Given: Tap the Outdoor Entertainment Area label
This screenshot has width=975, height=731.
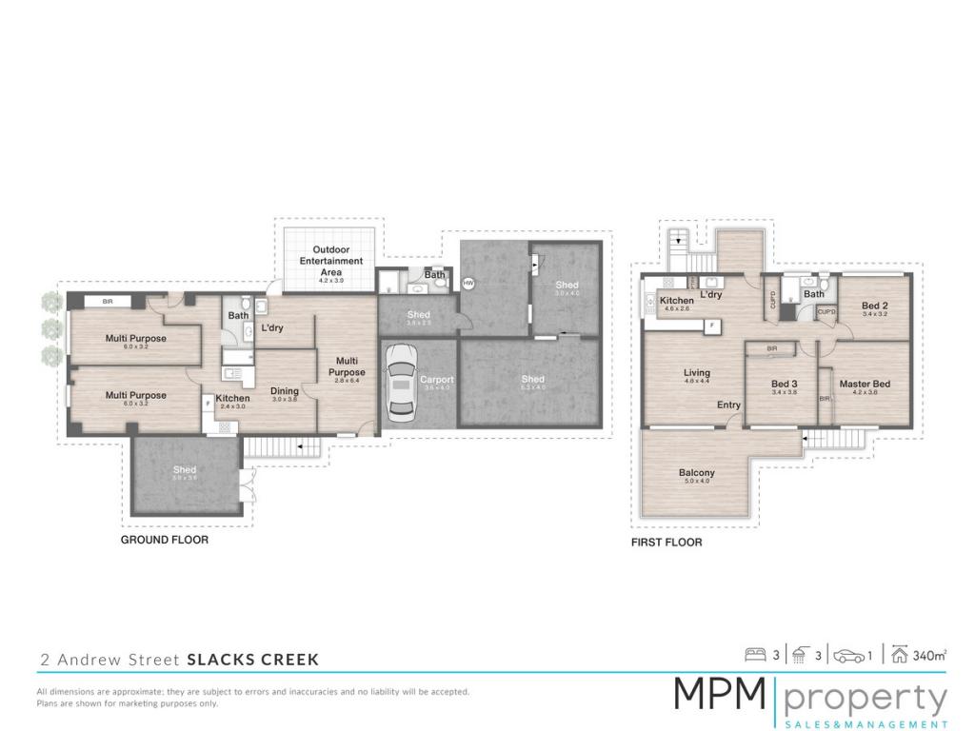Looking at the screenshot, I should point(331,261).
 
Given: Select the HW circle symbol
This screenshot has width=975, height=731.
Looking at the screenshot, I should point(468,283).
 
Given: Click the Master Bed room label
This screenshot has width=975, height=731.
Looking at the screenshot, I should point(865,384).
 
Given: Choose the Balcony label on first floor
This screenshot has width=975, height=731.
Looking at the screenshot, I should point(696,473).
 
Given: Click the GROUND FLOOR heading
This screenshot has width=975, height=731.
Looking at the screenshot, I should point(164,540).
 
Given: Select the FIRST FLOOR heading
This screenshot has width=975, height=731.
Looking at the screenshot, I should point(667,543).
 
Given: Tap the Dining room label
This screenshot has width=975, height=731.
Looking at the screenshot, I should point(285,391).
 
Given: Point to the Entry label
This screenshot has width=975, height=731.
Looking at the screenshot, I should point(728,405).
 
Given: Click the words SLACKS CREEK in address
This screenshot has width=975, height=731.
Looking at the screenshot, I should point(252,659).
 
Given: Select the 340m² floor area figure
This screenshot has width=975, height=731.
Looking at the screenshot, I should point(930,655).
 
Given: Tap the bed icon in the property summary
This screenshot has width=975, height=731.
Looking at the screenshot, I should point(755,655).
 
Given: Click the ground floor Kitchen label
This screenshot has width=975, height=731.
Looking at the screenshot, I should point(232,398).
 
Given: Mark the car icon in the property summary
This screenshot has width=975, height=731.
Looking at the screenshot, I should point(849,655).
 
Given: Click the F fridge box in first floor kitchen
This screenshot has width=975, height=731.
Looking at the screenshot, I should point(709,325).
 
